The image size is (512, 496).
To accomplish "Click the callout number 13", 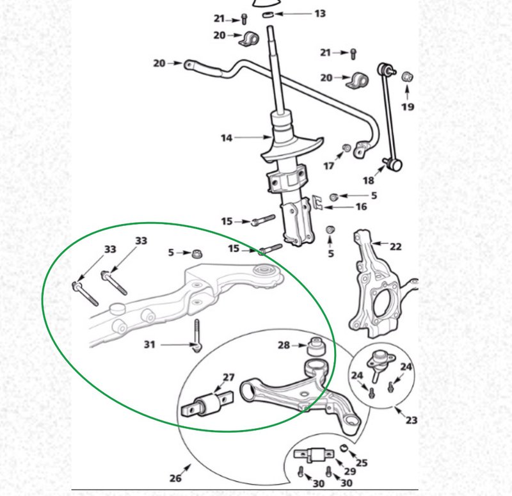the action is tap(320, 13).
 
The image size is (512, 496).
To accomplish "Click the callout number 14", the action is tap(227, 138).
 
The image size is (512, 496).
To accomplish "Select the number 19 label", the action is tap(408, 106).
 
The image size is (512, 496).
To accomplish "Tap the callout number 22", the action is tap(396, 246).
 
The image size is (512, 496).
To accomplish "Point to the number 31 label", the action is tap(150, 344).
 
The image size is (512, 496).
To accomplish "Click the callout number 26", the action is tap(175, 478).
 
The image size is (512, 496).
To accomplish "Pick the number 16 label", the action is tap(361, 206).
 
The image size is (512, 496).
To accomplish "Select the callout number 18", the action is tap(369, 180).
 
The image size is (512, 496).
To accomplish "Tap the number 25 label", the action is tap(362, 463).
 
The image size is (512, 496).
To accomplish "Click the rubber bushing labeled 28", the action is tap(316, 346).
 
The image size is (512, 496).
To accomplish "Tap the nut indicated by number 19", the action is tap(407, 77).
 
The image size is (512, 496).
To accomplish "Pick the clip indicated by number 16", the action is tap(317, 202).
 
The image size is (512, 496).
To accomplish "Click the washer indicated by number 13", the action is tap(268, 14).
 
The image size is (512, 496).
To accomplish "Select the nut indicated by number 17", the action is tap(346, 148).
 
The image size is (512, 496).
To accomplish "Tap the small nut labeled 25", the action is tap(344, 447).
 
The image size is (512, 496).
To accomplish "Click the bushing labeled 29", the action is tap(314, 454).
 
